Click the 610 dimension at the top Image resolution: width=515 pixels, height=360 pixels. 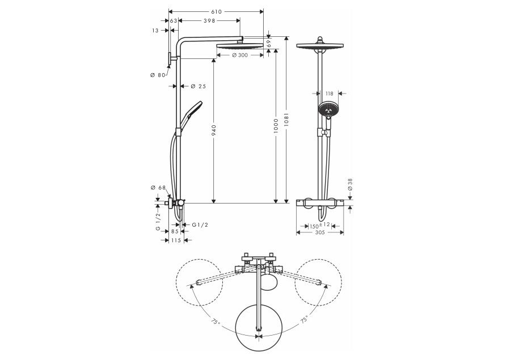pos(216,11)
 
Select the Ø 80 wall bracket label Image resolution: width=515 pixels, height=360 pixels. pos(157,75)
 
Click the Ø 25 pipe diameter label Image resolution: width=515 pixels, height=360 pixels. pos(198,86)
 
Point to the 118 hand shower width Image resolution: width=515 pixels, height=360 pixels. pos(328,94)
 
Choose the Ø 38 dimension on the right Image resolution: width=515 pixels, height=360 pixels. pos(351,185)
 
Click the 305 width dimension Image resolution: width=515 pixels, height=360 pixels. pos(320,232)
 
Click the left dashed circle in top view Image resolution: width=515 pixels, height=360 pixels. pos(198,282)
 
